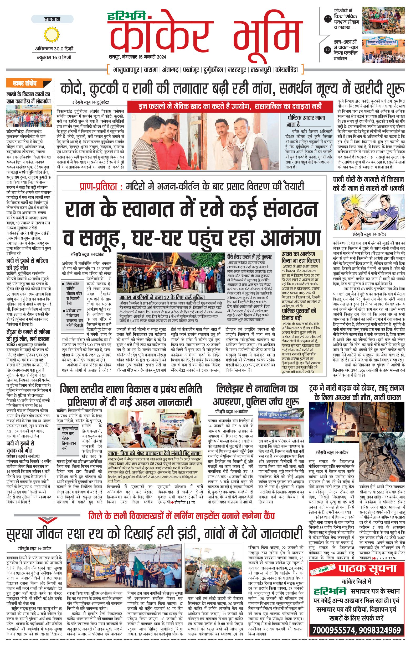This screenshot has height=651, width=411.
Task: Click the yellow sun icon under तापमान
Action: tap(52, 34)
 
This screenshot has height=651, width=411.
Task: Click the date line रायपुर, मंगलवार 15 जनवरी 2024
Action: tap(137, 57)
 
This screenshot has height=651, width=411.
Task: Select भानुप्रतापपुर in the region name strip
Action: tap(126, 70)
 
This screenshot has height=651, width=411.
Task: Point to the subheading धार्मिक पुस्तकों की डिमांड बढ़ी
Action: tap(299, 314)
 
